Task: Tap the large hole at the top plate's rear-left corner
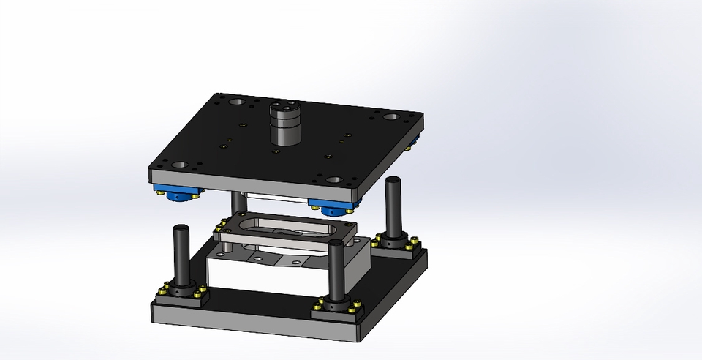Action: (x=237, y=102)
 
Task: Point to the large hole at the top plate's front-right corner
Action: (x=334, y=179)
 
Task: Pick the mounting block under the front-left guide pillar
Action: (x=180, y=296)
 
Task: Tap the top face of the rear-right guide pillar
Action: (x=393, y=181)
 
